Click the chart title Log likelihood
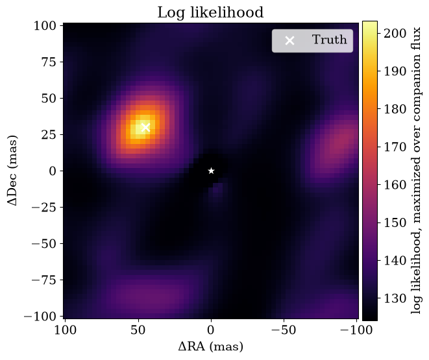[210, 12]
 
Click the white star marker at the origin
[211, 171]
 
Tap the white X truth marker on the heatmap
[145, 127]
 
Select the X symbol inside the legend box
[289, 41]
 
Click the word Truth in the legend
[330, 40]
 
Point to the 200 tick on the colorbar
[395, 33]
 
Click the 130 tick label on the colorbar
[395, 298]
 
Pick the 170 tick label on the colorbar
[395, 147]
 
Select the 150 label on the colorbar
[395, 222]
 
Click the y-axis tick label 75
[49, 62]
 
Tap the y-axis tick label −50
[43, 243]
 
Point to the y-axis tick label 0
[53, 171]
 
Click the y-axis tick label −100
[40, 317]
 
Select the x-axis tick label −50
[284, 330]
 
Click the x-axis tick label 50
[138, 330]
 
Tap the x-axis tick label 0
[211, 330]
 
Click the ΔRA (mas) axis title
[211, 346]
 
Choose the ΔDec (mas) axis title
[12, 170]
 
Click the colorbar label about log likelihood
[417, 171]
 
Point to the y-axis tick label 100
[45, 26]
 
